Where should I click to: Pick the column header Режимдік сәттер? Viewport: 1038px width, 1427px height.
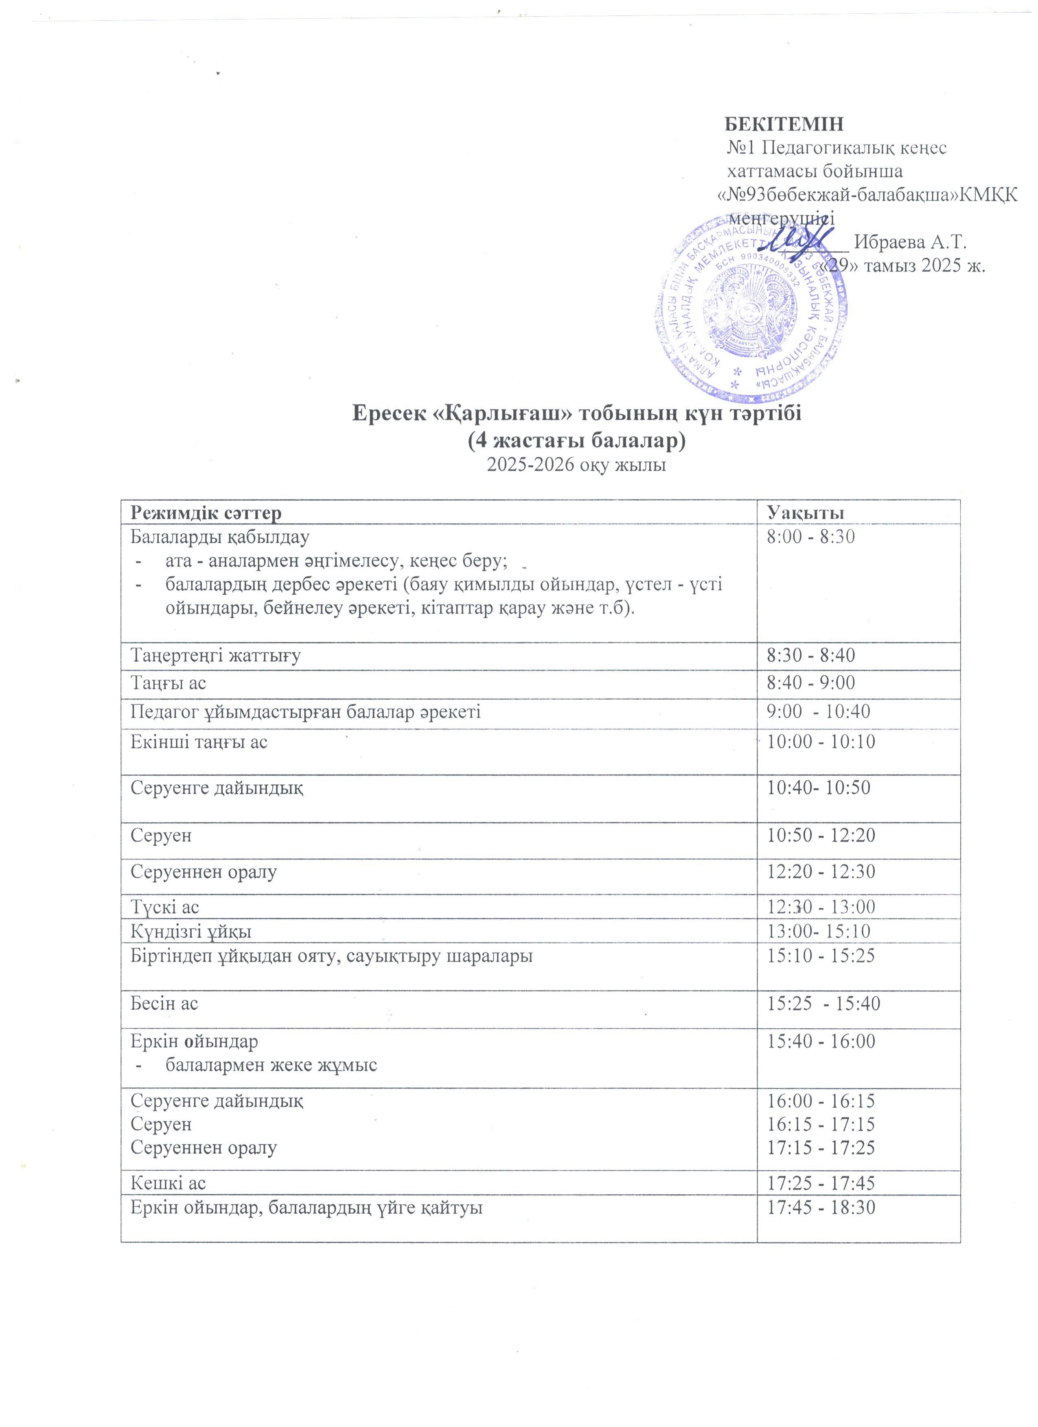coord(206,513)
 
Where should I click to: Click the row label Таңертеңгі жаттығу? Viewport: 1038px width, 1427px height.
coord(215,656)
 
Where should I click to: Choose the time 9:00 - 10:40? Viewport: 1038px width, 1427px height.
coord(818,711)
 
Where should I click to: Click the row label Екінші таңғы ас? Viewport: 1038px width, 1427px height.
coord(199,742)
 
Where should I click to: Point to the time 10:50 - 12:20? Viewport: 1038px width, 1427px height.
coord(821,835)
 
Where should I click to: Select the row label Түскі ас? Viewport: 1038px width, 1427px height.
coord(164,907)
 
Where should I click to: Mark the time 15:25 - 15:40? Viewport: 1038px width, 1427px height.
coord(823,1003)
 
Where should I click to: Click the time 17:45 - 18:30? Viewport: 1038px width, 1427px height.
coord(821,1207)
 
